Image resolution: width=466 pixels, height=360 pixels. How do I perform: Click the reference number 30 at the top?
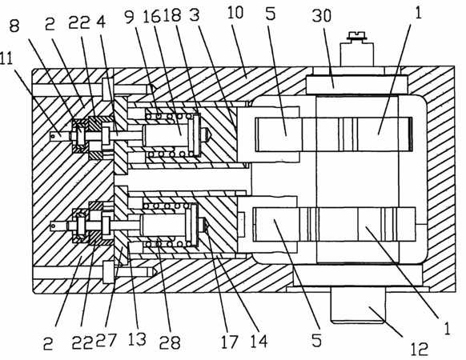(322, 16)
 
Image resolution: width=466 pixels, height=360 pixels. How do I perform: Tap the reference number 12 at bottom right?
(420, 348)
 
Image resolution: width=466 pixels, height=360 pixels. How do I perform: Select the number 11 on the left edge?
(6, 58)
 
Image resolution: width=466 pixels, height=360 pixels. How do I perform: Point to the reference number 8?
(14, 26)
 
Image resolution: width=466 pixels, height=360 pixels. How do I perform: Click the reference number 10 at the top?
(235, 13)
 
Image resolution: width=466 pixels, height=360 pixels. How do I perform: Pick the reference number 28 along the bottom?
(170, 342)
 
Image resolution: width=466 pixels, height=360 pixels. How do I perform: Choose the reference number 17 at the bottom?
(230, 342)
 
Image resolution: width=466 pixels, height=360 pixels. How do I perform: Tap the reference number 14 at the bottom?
(259, 341)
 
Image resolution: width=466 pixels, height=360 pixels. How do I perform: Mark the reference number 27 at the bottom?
(106, 340)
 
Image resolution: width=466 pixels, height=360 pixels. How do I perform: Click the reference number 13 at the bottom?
(137, 339)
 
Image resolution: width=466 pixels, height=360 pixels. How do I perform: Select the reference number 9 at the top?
(130, 18)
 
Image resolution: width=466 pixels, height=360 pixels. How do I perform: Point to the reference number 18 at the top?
(171, 15)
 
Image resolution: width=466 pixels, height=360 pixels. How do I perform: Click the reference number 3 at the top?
(194, 14)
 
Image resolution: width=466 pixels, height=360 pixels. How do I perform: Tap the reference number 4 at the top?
(101, 22)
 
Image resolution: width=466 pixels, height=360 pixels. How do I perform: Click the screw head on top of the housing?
(357, 36)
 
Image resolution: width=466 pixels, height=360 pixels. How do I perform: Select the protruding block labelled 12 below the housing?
(358, 308)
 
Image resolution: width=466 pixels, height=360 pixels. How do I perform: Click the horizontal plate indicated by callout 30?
(357, 85)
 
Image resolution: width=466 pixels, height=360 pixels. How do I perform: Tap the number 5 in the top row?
(271, 14)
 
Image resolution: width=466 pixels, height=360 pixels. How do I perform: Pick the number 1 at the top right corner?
(418, 13)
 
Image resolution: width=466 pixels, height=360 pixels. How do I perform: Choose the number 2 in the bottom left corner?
(48, 344)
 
